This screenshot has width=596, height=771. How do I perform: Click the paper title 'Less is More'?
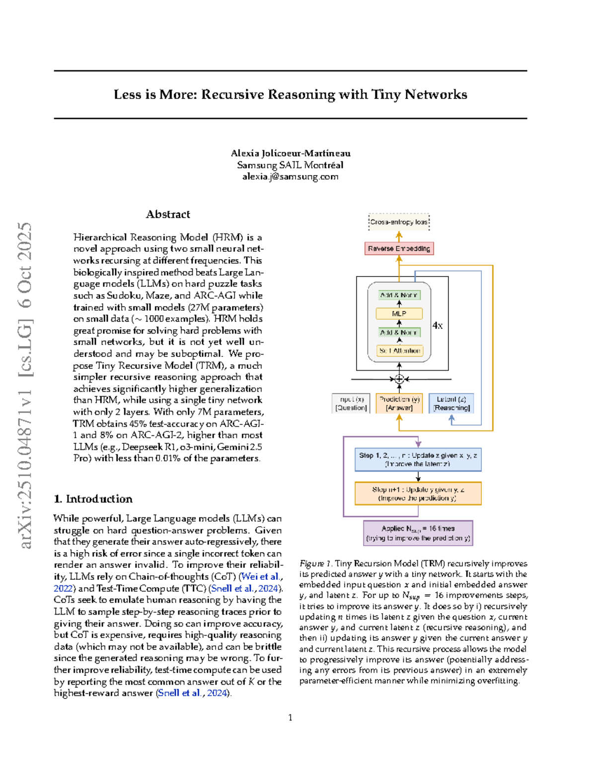click(290, 94)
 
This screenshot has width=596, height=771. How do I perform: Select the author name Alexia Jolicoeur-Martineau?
click(291, 153)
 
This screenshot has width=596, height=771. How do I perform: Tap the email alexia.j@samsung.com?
click(290, 177)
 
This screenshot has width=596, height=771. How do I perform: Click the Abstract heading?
click(168, 214)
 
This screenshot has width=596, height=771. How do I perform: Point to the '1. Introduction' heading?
click(93, 499)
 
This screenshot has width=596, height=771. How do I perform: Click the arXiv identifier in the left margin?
click(25, 385)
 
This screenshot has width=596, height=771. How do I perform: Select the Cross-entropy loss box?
click(399, 222)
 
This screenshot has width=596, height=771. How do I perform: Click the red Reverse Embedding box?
click(399, 248)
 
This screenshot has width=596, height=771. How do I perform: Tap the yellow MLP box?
click(399, 314)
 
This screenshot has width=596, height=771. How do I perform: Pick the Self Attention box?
click(399, 350)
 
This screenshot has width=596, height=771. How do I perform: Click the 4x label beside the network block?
click(437, 326)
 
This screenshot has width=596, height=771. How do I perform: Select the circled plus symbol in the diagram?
click(399, 379)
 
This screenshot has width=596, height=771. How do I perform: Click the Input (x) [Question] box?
click(351, 403)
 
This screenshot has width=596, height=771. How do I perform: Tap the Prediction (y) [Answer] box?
click(399, 403)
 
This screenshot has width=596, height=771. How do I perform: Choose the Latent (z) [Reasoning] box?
click(451, 403)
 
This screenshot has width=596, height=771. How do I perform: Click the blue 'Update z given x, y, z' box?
click(418, 459)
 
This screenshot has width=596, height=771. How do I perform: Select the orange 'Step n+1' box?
click(418, 493)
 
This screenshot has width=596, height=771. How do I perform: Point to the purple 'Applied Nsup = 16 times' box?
click(418, 533)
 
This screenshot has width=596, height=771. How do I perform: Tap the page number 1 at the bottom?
click(290, 717)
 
